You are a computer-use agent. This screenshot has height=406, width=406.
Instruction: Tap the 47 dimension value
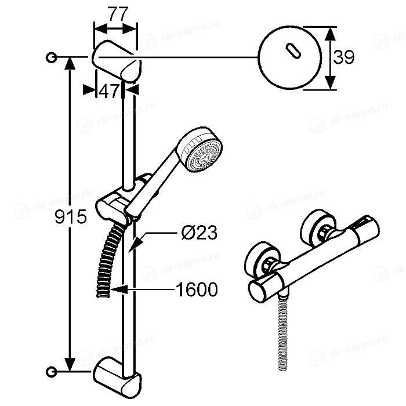pyautogui.click(x=108, y=91)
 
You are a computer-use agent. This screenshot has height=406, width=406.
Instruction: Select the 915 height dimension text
pyautogui.click(x=70, y=217)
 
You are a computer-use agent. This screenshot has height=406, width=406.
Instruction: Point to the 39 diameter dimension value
pyautogui.click(x=343, y=57)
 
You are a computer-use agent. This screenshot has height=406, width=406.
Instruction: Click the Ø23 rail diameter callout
pyautogui.click(x=199, y=233)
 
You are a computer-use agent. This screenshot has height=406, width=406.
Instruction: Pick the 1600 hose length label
pyautogui.click(x=196, y=289)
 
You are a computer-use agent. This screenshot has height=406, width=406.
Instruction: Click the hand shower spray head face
pyautogui.click(x=205, y=155)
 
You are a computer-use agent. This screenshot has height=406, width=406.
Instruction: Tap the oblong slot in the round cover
pyautogui.click(x=293, y=50)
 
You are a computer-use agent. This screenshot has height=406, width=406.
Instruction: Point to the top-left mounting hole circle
pyautogui.click(x=51, y=57)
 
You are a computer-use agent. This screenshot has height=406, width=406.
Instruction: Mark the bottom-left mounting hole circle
pyautogui.click(x=51, y=372)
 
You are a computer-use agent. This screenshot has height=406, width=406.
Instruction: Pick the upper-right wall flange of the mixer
pyautogui.click(x=318, y=229)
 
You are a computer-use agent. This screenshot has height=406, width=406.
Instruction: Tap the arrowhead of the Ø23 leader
pyautogui.click(x=135, y=245)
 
